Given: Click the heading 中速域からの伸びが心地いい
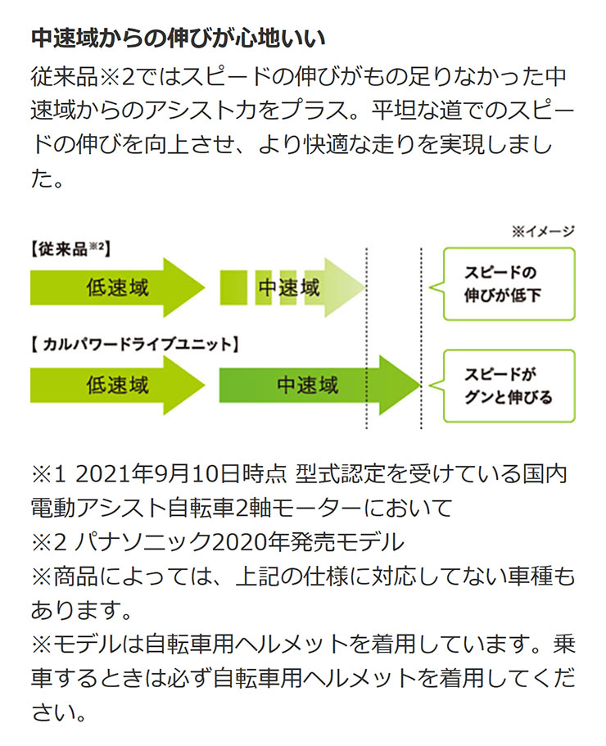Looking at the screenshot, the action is point(179,38).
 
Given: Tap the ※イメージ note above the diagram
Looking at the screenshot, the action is point(543,231).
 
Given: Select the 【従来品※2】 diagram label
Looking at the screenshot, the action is point(70,249).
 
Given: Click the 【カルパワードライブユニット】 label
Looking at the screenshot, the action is point(134,344).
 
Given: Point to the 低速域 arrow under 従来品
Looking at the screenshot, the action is point(117,287).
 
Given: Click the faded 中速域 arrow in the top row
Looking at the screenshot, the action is point(292,287).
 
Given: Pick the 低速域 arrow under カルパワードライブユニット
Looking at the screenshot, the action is point(117,385).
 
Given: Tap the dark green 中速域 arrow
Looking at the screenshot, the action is point(319,385).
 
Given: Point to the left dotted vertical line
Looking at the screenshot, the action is point(366,338).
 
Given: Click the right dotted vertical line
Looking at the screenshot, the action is point(421,338).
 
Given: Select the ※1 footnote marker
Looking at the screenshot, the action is point(48,474).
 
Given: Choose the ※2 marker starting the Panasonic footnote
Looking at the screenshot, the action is point(48,542).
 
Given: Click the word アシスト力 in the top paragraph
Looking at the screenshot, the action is point(201,111).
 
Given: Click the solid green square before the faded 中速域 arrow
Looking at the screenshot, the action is point(233,287).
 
